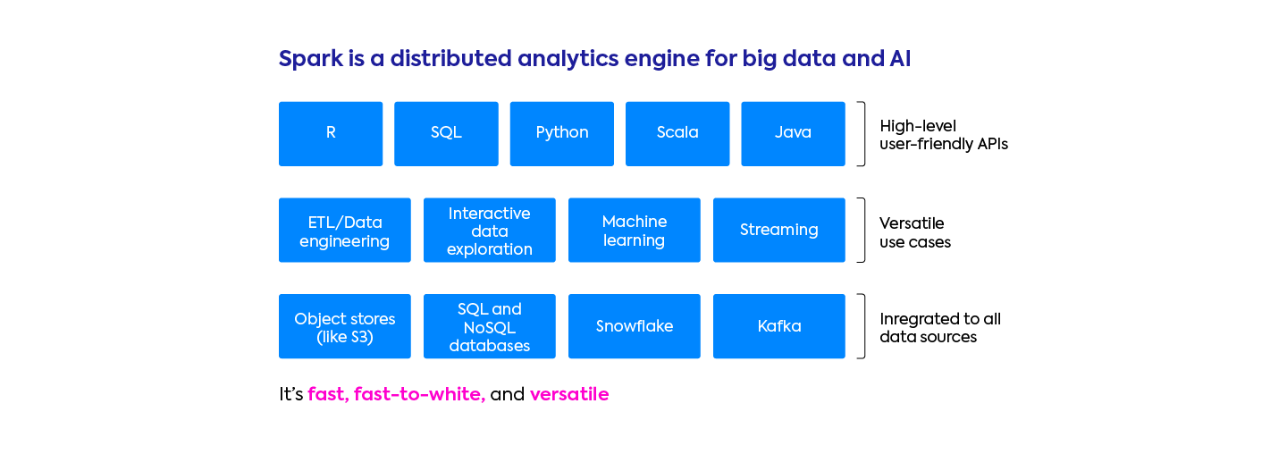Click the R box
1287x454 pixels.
[x=331, y=133]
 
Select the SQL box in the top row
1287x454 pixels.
[x=446, y=133]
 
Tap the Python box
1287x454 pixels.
[x=561, y=133]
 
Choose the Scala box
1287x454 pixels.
[x=677, y=133]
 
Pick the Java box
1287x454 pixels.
[x=793, y=133]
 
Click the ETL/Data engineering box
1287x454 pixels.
[x=345, y=231]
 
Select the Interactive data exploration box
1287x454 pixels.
[x=490, y=231]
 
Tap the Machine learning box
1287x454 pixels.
[x=635, y=231]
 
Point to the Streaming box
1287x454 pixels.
[x=779, y=231]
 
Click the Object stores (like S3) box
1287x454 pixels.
[x=345, y=327]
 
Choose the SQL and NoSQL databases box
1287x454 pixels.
[x=490, y=327]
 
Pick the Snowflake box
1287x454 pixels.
[x=635, y=327]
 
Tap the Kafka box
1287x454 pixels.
[x=779, y=327]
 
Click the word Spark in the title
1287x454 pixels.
[x=309, y=59]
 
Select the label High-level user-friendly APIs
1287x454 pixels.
[x=944, y=135]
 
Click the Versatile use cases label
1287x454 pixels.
[x=915, y=232]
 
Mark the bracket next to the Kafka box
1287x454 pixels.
[x=862, y=327]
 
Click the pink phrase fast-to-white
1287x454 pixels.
[x=419, y=394]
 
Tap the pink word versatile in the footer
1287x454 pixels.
[x=569, y=394]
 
